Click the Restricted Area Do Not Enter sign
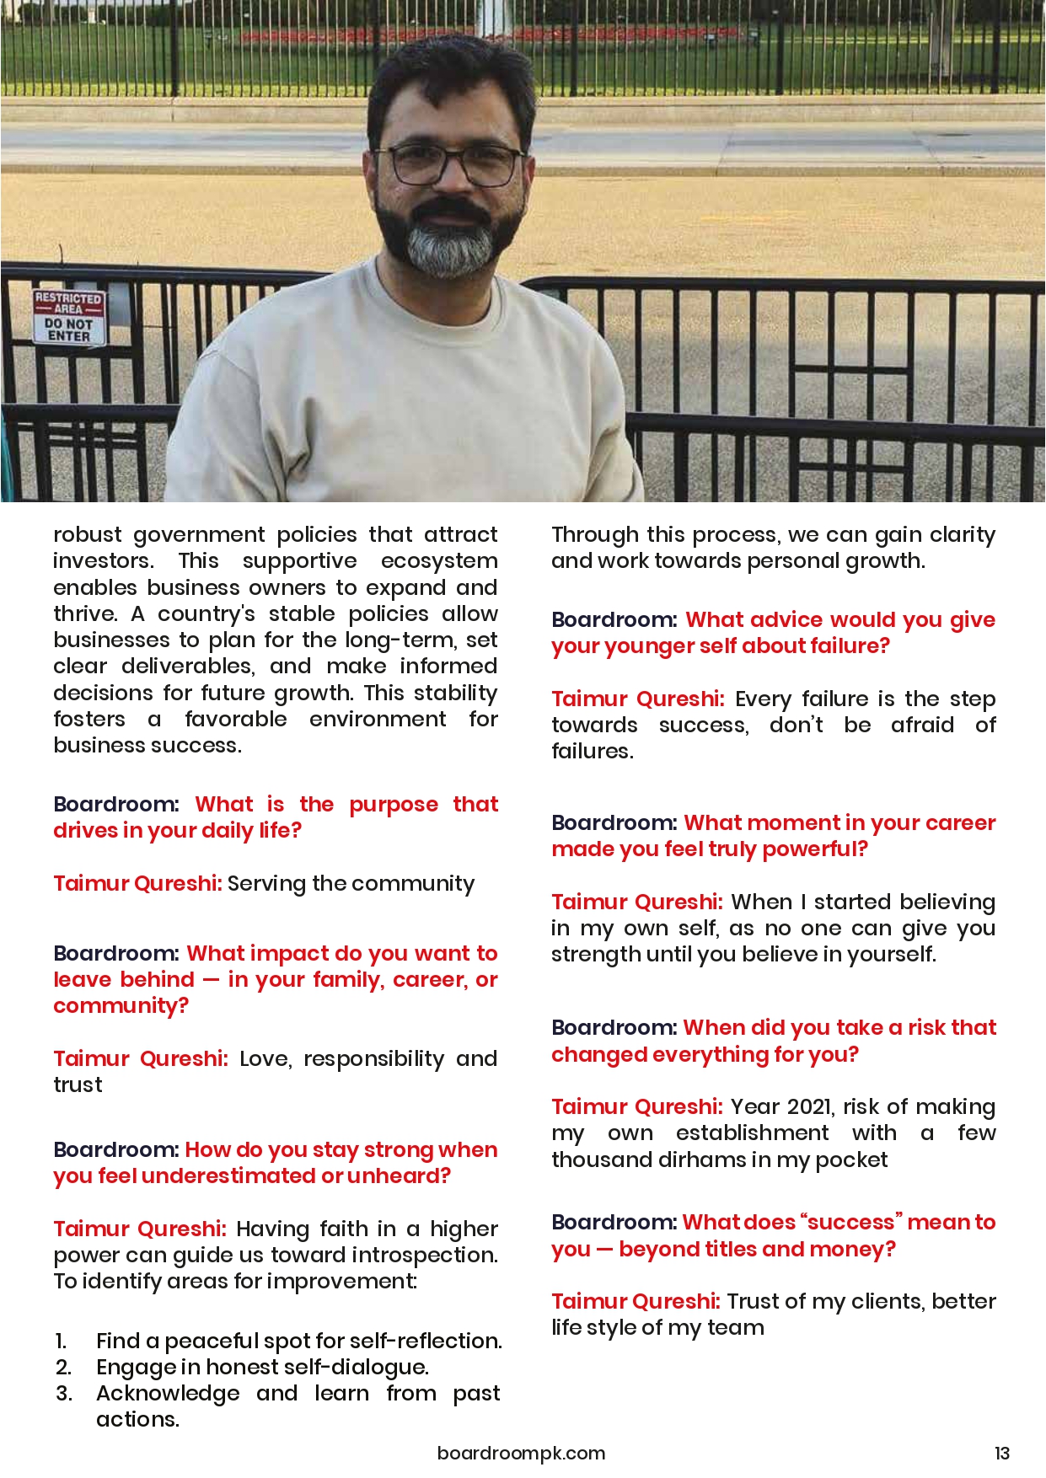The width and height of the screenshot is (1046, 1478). [x=69, y=317]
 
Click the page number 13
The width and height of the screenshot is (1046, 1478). [x=1001, y=1453]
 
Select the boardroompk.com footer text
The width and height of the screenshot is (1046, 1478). [x=521, y=1453]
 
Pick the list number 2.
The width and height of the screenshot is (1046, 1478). [x=63, y=1367]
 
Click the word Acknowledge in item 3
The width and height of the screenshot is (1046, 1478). [x=168, y=1393]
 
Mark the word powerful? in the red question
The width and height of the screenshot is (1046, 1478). [x=815, y=849]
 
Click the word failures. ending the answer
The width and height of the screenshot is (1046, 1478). [x=592, y=751]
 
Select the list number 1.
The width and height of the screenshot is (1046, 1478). [x=61, y=1341]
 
